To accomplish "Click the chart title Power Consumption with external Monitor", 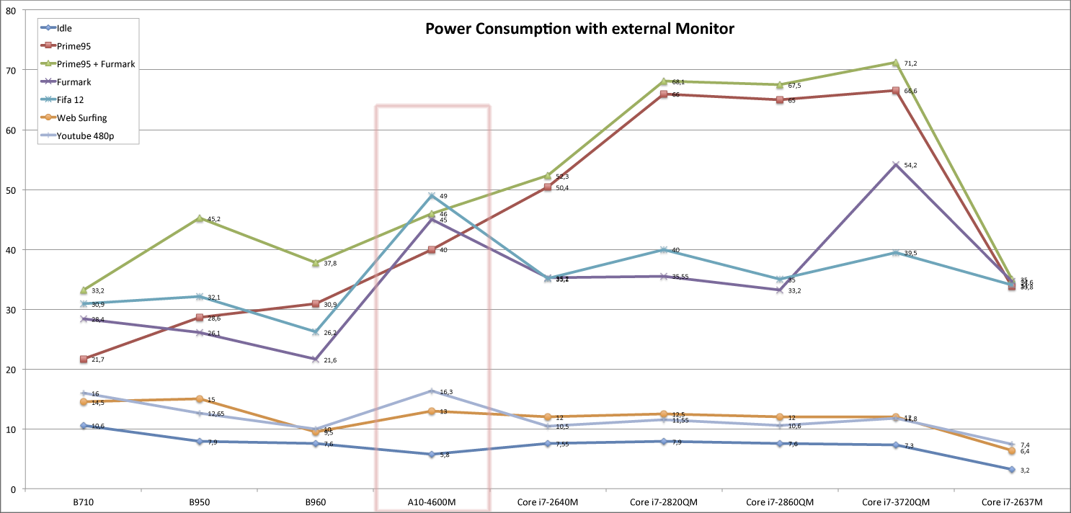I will tap(579, 29).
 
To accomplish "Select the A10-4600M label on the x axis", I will tap(432, 501).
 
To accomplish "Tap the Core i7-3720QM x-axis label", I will tap(896, 501).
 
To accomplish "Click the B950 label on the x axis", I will tap(199, 501).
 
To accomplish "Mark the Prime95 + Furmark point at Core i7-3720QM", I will tap(896, 63).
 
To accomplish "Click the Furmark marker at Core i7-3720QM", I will tap(896, 165).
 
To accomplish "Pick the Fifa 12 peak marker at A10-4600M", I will tap(432, 196).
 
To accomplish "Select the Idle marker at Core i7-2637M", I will tap(1012, 470).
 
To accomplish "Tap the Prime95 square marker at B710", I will tap(84, 359).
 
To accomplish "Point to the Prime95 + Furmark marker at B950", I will tap(200, 218).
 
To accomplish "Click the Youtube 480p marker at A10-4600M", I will tap(432, 391).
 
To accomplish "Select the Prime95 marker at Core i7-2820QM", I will tap(664, 94).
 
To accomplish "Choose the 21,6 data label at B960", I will tap(330, 360).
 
